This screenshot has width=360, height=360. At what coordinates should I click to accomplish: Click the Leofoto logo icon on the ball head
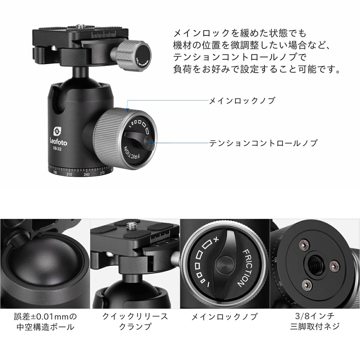point(57,131)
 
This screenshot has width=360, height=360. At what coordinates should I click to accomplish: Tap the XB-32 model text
point(57,149)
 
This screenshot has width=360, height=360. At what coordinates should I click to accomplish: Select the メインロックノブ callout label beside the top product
point(242,100)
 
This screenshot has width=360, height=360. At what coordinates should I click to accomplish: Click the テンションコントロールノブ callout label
point(263,143)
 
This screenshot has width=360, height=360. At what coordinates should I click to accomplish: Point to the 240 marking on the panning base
point(86,175)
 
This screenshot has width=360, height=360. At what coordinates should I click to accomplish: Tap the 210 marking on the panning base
point(69,174)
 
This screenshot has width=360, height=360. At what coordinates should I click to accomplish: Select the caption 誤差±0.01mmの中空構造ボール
point(45,321)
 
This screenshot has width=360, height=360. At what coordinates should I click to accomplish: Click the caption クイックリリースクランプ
point(135,321)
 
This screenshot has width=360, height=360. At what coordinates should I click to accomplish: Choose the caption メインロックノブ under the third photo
point(224,317)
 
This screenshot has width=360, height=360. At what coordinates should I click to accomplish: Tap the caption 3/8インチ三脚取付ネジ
point(315,321)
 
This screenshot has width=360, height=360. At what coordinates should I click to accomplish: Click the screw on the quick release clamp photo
point(131,226)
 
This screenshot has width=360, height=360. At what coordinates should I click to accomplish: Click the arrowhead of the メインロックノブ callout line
point(128,109)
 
